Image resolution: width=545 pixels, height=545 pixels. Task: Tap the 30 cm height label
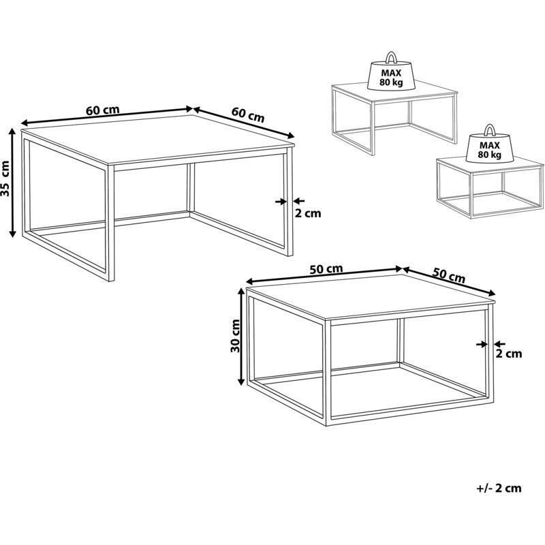point(235,336)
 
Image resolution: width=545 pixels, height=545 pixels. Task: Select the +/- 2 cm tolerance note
point(499,488)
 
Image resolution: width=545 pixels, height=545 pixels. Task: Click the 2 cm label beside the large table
point(308,213)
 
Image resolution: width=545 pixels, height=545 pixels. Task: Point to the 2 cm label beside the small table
point(508,354)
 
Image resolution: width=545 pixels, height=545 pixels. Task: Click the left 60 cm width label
point(103,110)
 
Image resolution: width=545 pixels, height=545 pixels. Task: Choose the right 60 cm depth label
point(248,114)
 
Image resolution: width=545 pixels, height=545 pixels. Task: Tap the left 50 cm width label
point(326,268)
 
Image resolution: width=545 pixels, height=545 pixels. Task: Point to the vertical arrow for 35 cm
point(12,183)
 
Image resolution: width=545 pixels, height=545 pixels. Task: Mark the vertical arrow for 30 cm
point(241,337)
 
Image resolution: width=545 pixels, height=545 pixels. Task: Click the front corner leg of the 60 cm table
point(111,223)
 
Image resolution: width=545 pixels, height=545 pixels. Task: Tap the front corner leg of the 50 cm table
point(328,372)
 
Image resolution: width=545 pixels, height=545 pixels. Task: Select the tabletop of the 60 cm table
point(158,138)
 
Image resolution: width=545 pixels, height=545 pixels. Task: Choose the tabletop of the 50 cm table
point(371,296)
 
